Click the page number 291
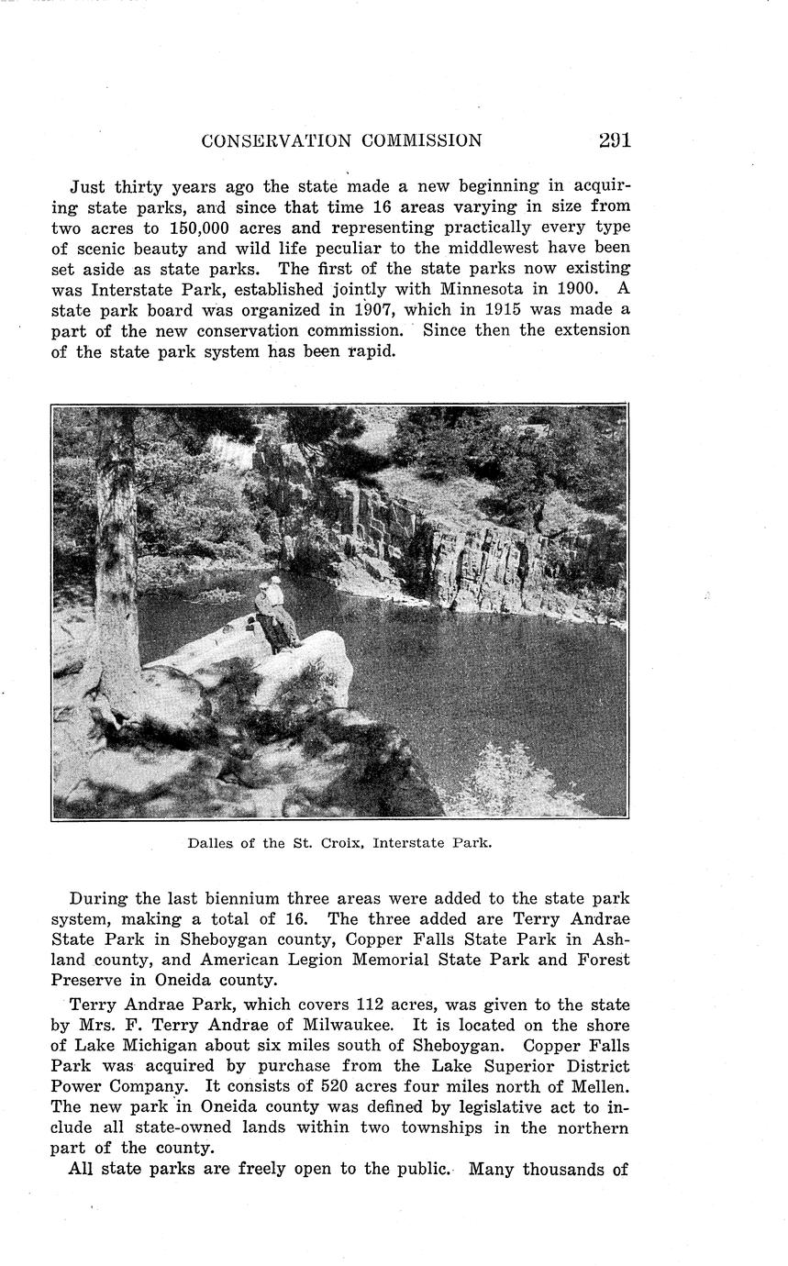pos(614,140)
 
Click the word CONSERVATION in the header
pos(275,141)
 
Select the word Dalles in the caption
pos(210,843)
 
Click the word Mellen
pos(601,1085)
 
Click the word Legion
pos(292,960)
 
